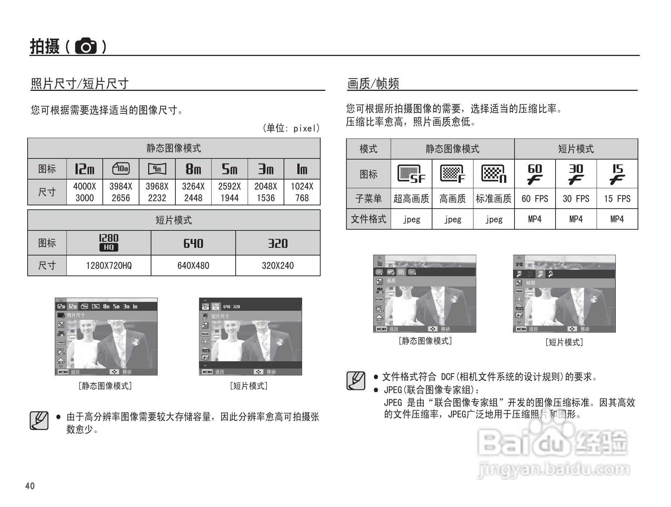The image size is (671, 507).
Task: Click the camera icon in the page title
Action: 86,47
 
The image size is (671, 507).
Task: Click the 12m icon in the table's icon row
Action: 85,169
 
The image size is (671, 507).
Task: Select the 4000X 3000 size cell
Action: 85,192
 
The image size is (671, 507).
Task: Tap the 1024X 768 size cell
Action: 302,192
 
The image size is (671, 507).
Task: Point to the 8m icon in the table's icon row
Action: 193,169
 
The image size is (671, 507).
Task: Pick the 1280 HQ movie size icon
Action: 109,242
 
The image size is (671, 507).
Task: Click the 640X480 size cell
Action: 193,266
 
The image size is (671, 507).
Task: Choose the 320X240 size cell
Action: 278,266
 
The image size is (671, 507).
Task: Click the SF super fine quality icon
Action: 411,174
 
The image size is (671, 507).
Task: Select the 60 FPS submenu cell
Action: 534,198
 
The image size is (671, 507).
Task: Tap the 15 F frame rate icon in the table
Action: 617,174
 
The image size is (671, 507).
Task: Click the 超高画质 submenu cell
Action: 411,198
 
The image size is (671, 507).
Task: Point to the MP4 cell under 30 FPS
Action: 576,219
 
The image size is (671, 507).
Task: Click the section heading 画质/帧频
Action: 373,84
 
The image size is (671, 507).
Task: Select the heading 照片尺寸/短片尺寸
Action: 80,84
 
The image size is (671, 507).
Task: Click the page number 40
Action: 30,486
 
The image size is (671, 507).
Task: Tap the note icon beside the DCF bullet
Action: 355,381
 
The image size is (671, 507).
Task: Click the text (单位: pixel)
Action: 291,128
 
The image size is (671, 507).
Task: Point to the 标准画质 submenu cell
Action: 493,198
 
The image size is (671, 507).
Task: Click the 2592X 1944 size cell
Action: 229,192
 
